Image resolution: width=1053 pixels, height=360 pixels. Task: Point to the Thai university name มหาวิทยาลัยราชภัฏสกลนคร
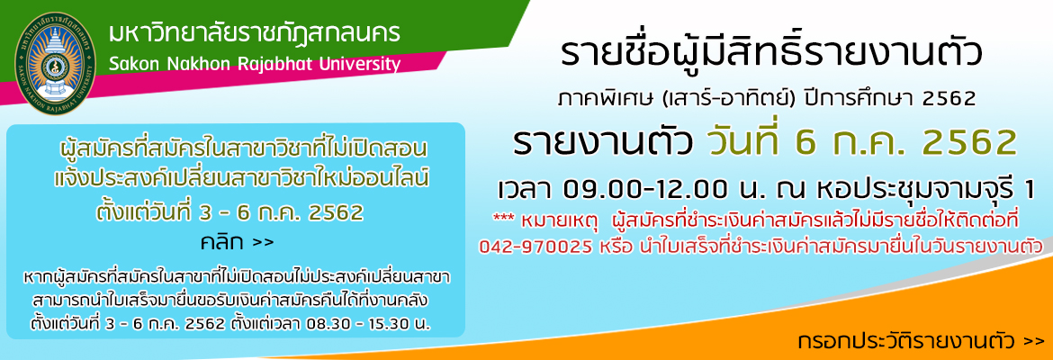click(255, 33)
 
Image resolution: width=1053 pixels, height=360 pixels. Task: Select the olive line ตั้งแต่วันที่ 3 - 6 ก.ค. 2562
click(229, 212)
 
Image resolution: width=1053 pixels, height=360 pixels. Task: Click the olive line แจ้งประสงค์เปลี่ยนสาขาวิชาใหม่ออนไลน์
click(241, 179)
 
